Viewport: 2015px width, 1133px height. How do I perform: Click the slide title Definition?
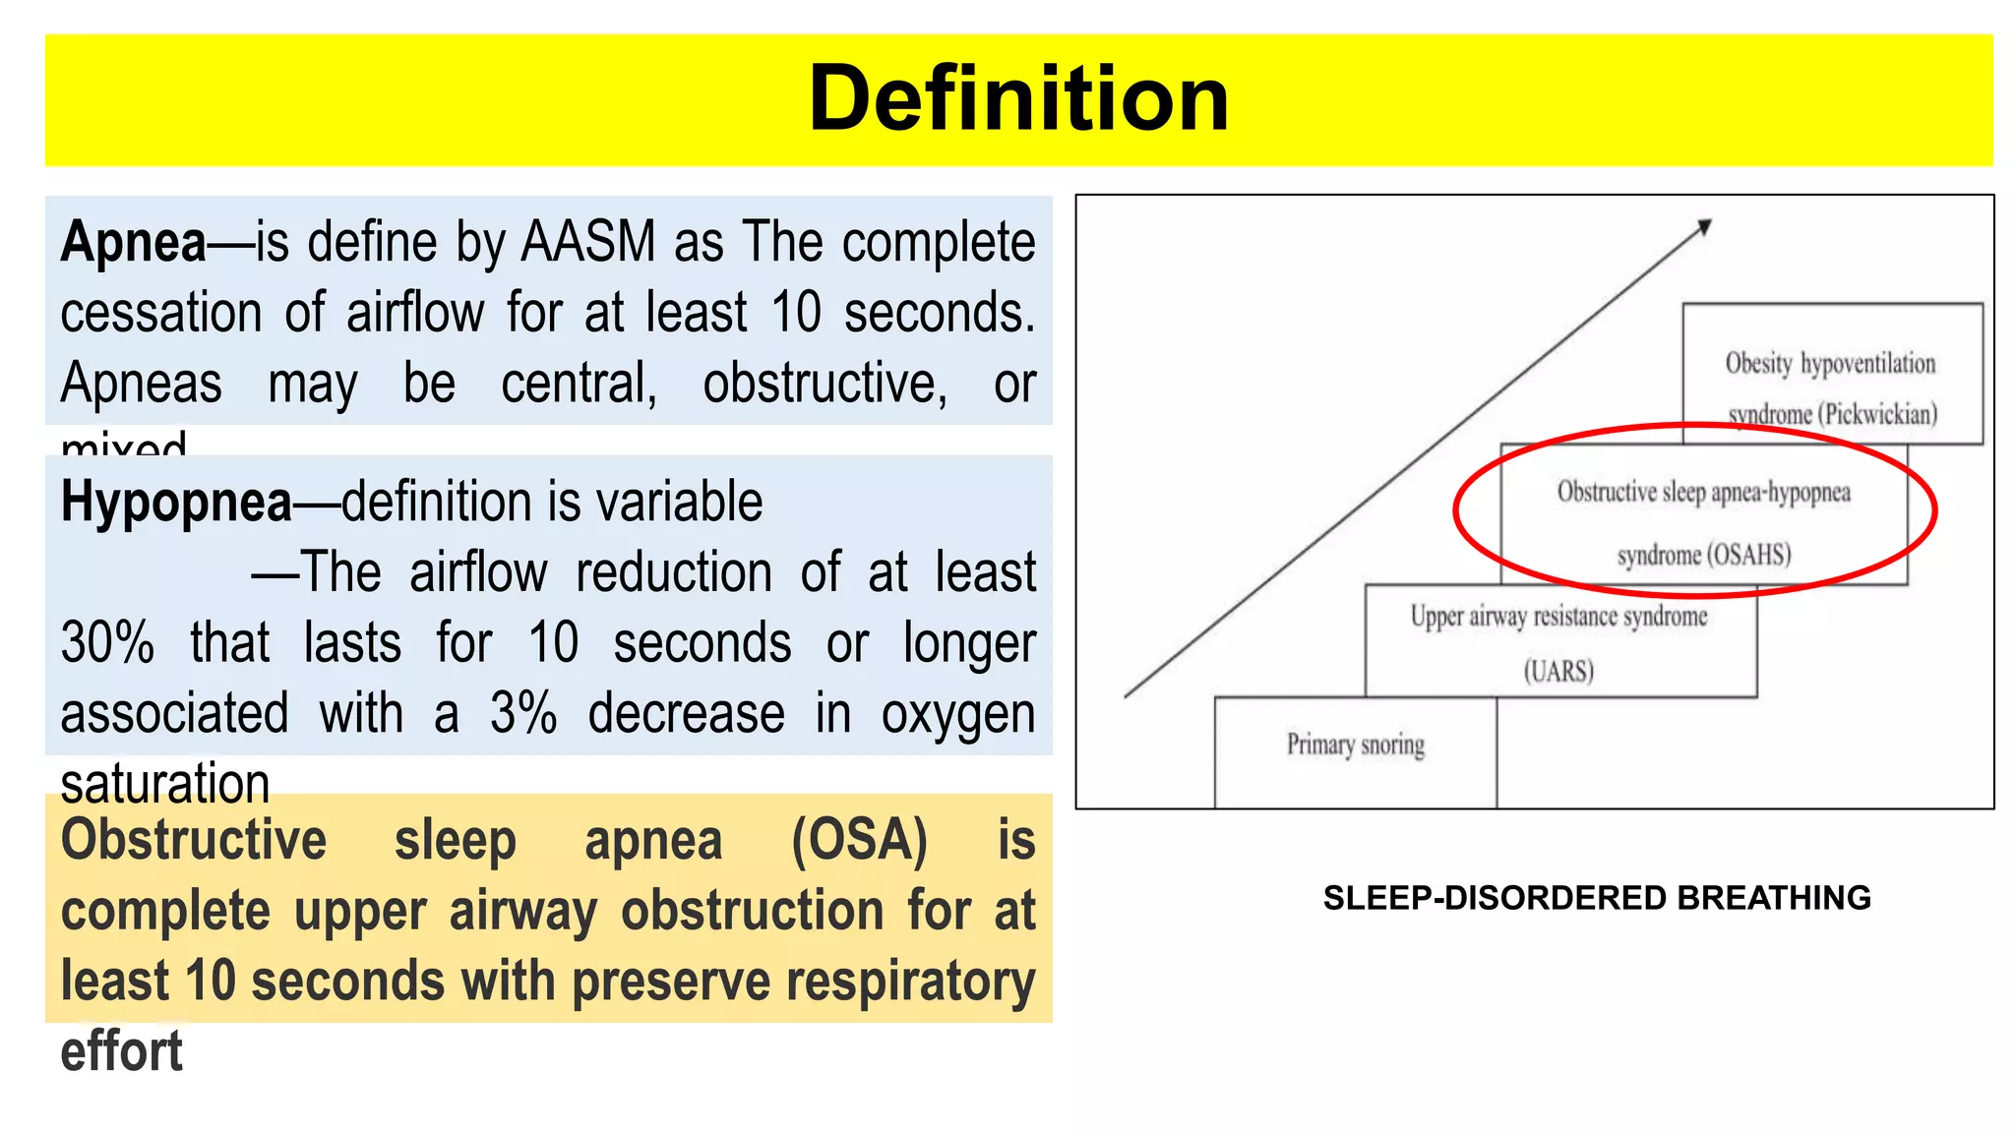point(1018,98)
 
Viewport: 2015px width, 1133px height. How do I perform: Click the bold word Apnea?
point(134,242)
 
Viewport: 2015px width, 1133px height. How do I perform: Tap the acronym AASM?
point(587,242)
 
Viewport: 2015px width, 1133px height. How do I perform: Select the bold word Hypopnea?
point(176,502)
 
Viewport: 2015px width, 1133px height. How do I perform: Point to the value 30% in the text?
point(107,643)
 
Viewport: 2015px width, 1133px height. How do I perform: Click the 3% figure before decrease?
point(522,714)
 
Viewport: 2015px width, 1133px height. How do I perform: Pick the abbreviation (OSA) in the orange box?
point(859,842)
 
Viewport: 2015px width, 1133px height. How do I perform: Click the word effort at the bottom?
point(121,1051)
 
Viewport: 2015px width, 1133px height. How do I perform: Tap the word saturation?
point(164,784)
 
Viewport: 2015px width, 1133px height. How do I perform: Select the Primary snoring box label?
point(1355,745)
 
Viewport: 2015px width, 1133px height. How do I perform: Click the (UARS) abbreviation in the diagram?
point(1558,672)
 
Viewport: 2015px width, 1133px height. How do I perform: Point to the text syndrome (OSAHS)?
point(1704,555)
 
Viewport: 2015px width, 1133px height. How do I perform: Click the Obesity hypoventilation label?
point(1830,364)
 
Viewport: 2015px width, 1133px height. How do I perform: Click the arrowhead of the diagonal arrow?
point(1704,227)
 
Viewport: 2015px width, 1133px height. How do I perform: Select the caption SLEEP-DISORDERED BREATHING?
point(1596,898)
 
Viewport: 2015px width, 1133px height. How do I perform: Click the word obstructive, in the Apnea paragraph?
point(824,384)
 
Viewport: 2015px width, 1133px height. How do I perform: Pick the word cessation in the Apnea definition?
point(160,313)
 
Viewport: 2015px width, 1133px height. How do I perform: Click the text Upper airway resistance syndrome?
point(1558,617)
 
